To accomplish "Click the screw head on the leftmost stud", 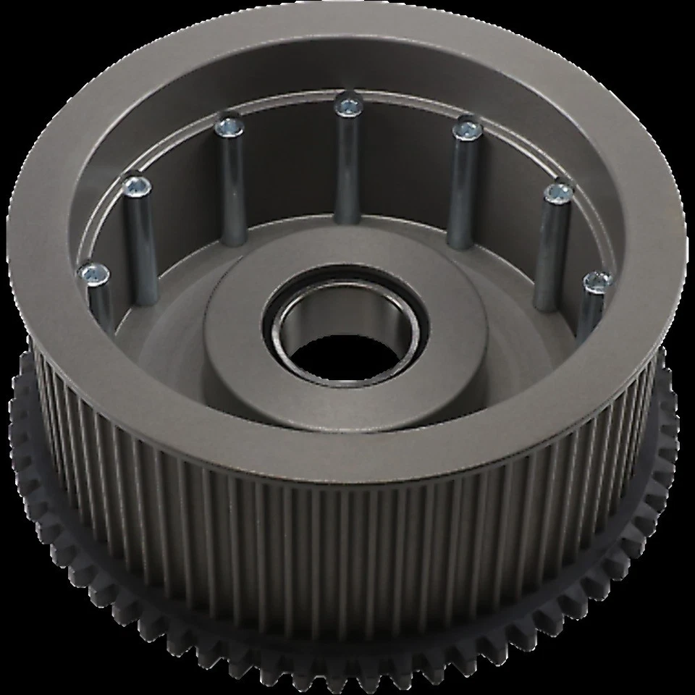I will pyautogui.click(x=95, y=274).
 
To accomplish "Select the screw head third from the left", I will pyautogui.click(x=229, y=128).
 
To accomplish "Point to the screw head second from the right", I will pyautogui.click(x=557, y=193).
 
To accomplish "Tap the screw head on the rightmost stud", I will pyautogui.click(x=597, y=280).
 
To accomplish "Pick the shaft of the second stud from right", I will pyautogui.click(x=552, y=253).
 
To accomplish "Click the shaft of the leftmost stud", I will pyautogui.click(x=101, y=304).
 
